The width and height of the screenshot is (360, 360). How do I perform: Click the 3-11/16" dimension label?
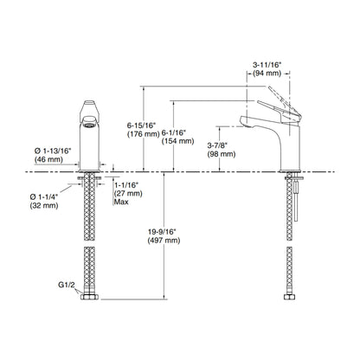(x=267, y=65)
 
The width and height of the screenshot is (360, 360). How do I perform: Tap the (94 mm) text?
(x=267, y=74)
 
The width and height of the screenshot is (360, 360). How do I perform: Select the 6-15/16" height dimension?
(x=141, y=125)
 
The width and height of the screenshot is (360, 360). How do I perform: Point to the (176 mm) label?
(x=144, y=134)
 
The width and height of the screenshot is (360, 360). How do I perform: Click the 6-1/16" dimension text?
(x=174, y=132)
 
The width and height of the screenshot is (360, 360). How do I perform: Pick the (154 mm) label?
(x=177, y=141)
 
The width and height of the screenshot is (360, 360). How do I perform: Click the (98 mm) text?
(x=222, y=154)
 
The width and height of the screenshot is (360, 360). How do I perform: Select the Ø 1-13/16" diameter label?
(x=53, y=151)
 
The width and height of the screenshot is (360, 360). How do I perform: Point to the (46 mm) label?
(x=48, y=159)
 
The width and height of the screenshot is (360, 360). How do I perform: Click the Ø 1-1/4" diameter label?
(x=44, y=196)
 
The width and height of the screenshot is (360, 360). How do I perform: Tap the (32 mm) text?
(x=44, y=205)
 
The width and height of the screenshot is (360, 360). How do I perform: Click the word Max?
(x=121, y=202)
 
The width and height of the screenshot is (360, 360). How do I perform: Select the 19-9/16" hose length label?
(x=162, y=231)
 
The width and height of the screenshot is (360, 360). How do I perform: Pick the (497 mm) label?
(x=164, y=241)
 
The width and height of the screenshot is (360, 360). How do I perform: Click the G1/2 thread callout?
(x=67, y=285)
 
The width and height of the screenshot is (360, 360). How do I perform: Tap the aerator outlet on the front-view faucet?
(x=89, y=125)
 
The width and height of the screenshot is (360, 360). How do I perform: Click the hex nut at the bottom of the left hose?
(x=89, y=297)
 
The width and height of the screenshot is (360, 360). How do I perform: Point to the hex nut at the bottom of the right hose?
(x=289, y=297)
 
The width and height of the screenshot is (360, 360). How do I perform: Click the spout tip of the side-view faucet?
(x=244, y=122)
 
